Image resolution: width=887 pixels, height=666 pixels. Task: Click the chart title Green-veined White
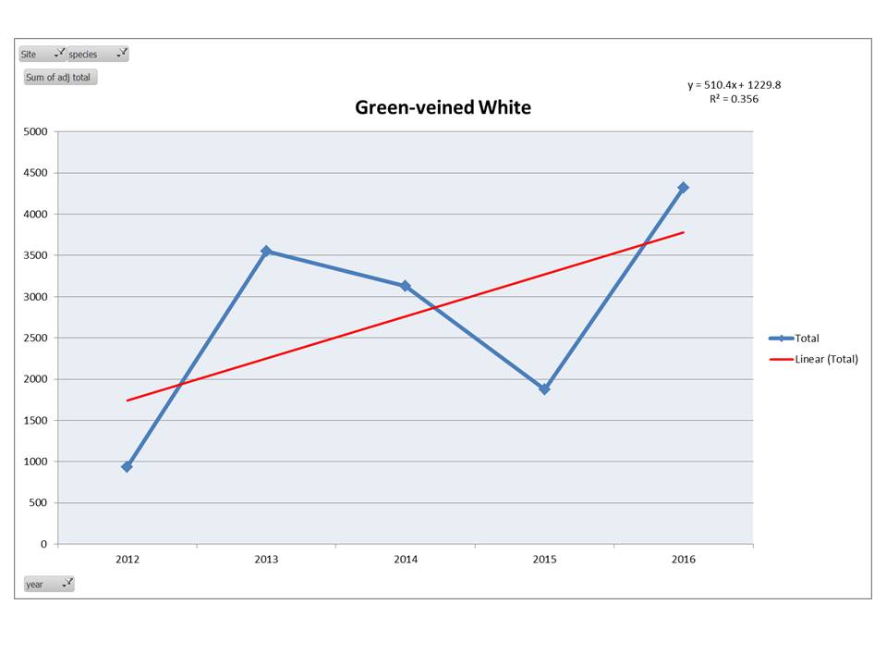pyautogui.click(x=443, y=107)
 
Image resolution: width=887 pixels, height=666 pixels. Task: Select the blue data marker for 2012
pyautogui.click(x=127, y=466)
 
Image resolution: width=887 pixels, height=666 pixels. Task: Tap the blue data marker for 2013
pyautogui.click(x=266, y=251)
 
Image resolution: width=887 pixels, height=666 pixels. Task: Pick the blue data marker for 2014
pyautogui.click(x=405, y=286)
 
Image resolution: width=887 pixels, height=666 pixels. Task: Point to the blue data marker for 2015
pyautogui.click(x=544, y=389)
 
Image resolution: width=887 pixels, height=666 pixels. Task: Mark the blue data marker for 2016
pyautogui.click(x=683, y=188)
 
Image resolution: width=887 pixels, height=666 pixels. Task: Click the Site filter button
pyautogui.click(x=42, y=54)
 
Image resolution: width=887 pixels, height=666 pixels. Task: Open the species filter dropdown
pyautogui.click(x=98, y=54)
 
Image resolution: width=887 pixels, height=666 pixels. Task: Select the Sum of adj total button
pyautogui.click(x=59, y=78)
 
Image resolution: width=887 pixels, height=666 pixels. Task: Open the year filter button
pyautogui.click(x=48, y=584)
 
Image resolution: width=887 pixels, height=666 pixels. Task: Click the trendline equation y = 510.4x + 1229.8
pyautogui.click(x=734, y=85)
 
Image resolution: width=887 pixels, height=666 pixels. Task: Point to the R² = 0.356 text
pyautogui.click(x=734, y=99)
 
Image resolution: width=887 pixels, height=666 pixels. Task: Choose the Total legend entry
pyautogui.click(x=807, y=339)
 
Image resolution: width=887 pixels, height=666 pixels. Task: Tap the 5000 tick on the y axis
pyautogui.click(x=34, y=131)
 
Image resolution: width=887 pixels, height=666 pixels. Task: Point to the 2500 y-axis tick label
pyautogui.click(x=34, y=338)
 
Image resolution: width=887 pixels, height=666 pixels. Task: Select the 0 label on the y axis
pyautogui.click(x=43, y=544)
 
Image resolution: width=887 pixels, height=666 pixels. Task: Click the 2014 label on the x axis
pyautogui.click(x=405, y=560)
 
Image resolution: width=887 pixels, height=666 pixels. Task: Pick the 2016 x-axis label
pyautogui.click(x=683, y=560)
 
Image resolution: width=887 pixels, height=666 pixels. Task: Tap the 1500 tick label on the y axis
pyautogui.click(x=34, y=420)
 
